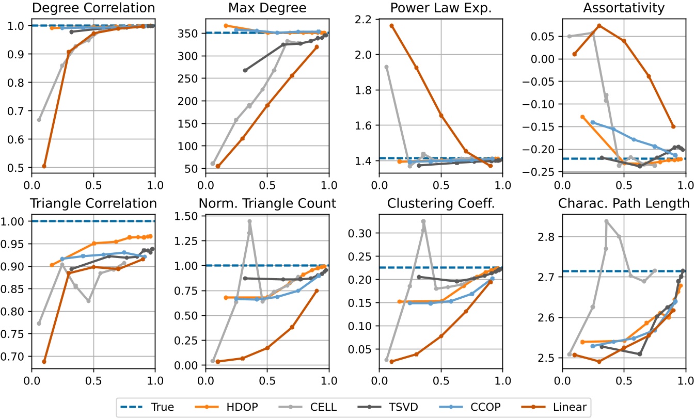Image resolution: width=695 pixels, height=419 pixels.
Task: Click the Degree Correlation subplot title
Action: tap(93, 8)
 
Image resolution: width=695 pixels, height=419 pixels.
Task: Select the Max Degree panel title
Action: tap(267, 8)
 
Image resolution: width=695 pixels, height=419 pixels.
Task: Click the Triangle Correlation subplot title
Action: tap(93, 203)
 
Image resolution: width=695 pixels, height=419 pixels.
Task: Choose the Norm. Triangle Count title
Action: tap(267, 203)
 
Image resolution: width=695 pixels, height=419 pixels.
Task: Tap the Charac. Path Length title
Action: tap(624, 203)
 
